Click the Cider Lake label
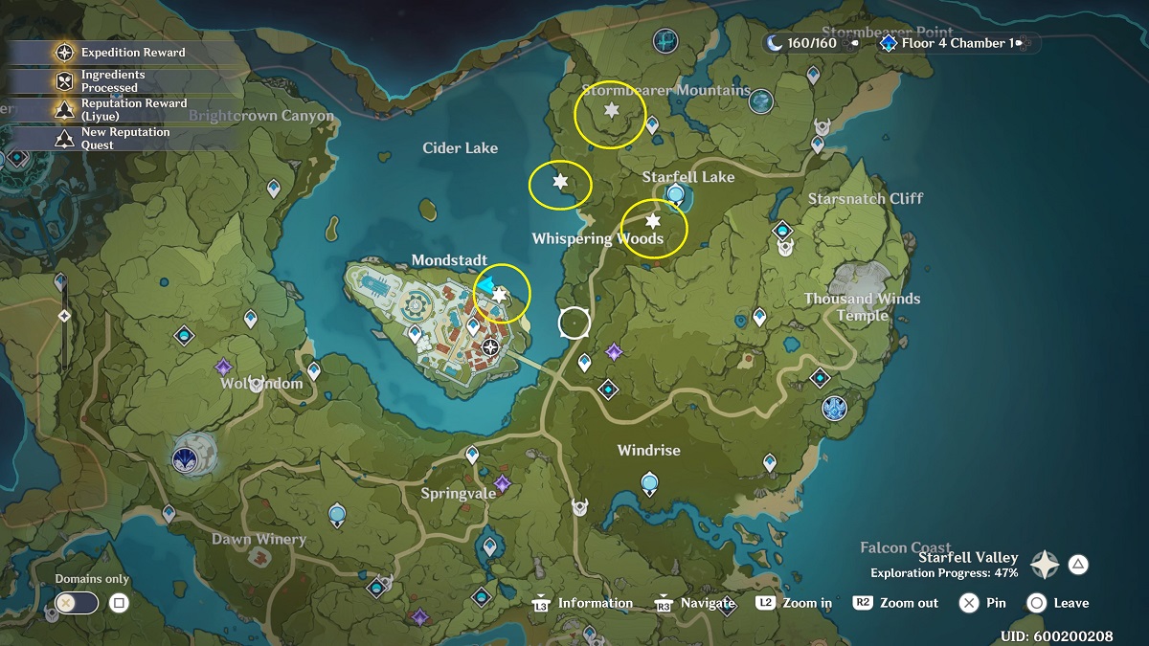461,148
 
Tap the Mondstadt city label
449,260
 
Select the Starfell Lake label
688,177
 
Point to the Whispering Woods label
597,239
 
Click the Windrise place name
649,450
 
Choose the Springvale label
459,494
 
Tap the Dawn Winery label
259,540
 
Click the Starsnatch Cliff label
866,199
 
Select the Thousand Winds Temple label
862,306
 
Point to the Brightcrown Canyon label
261,116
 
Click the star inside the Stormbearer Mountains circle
611,111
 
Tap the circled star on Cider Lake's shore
561,181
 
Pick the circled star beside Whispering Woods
654,221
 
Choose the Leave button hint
1058,603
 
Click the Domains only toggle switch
77,603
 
